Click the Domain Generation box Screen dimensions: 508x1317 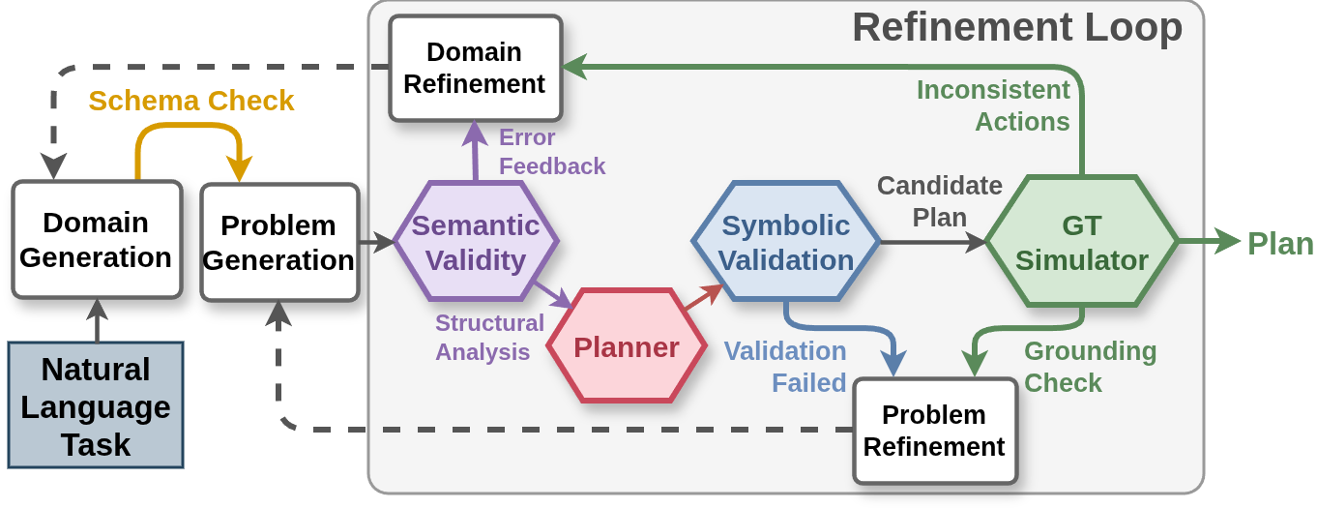point(97,240)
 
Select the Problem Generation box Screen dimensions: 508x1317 point(279,242)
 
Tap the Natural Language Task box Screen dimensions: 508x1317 point(96,406)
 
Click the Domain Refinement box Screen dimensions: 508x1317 point(475,68)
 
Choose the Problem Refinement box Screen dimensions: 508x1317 point(934,431)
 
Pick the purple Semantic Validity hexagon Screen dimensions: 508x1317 point(476,242)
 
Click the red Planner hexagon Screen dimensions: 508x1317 point(627,346)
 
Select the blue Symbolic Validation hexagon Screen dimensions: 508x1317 point(787,242)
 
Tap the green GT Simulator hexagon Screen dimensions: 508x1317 point(1081,242)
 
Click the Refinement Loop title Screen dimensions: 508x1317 point(1016,27)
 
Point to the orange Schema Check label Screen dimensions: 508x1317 point(191,101)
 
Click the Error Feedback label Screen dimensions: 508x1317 point(551,152)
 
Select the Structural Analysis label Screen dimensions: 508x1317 point(489,337)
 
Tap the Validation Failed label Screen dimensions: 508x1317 point(785,367)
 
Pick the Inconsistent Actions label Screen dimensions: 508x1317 point(993,105)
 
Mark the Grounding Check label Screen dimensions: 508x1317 point(1090,367)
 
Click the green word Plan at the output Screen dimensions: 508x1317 point(1280,243)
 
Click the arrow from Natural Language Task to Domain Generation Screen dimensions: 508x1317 point(97,320)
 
